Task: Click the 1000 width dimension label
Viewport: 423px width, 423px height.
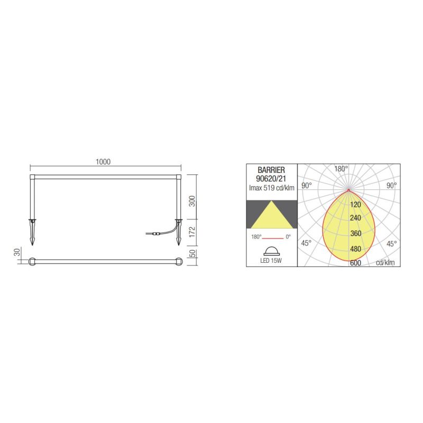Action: tap(104, 162)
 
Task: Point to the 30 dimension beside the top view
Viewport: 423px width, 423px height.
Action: tap(17, 253)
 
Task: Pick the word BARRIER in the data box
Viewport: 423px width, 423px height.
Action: tap(271, 170)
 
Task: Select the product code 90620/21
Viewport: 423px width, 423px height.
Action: tap(271, 179)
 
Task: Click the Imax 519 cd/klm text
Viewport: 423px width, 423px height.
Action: tap(271, 188)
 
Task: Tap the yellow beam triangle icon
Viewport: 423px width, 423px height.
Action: tap(271, 214)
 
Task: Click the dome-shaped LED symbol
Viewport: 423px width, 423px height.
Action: tap(271, 251)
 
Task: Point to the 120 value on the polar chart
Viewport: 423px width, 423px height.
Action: tap(355, 205)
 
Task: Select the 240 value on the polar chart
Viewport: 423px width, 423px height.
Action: tap(355, 218)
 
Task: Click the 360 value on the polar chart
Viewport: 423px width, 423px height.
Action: tap(355, 234)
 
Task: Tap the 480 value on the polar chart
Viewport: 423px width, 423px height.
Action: tap(355, 249)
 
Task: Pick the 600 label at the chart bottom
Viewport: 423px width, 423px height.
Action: tap(355, 263)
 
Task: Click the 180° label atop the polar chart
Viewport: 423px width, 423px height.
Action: tap(341, 169)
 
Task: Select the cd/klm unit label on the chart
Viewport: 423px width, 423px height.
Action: tap(385, 262)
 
